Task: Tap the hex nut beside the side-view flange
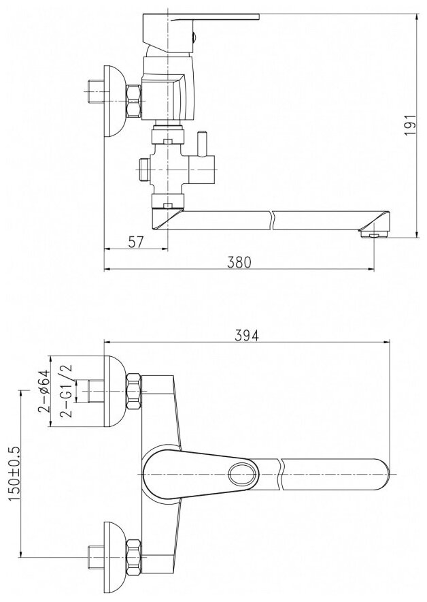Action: (133, 101)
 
